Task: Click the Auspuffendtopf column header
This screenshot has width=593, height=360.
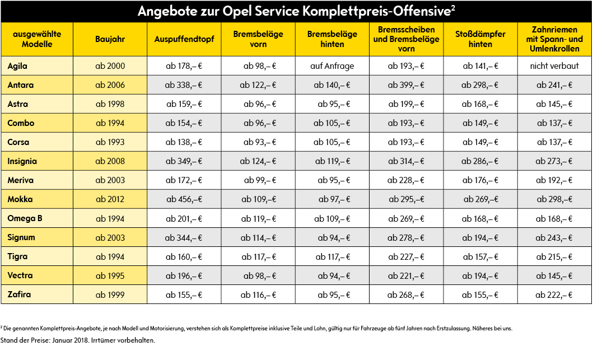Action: tap(184, 39)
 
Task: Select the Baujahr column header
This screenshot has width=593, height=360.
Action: tap(110, 39)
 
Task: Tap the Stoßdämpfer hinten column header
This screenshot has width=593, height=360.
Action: tap(480, 39)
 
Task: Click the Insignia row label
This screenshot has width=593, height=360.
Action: tap(22, 161)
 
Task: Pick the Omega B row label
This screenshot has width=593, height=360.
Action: tap(25, 218)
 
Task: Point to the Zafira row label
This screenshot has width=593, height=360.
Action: tap(19, 294)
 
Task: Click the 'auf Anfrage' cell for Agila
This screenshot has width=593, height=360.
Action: tap(332, 66)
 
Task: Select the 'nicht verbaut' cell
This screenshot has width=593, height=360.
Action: tap(554, 66)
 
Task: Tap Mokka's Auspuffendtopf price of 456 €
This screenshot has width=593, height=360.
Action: tap(184, 199)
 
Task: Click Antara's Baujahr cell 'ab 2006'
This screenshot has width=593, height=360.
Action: tap(110, 85)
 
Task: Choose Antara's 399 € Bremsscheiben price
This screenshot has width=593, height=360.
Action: tap(406, 85)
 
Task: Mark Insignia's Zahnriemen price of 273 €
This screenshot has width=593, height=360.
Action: tap(554, 161)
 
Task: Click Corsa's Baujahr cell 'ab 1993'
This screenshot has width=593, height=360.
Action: tap(110, 142)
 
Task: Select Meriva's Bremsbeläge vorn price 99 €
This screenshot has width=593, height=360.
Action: tap(260, 180)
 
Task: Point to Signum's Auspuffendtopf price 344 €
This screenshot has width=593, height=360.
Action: tap(184, 237)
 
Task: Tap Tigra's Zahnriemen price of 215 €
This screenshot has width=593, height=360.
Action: tap(554, 256)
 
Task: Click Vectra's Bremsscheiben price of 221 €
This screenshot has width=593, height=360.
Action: tap(406, 275)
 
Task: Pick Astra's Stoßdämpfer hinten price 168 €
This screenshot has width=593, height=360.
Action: tap(480, 104)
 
